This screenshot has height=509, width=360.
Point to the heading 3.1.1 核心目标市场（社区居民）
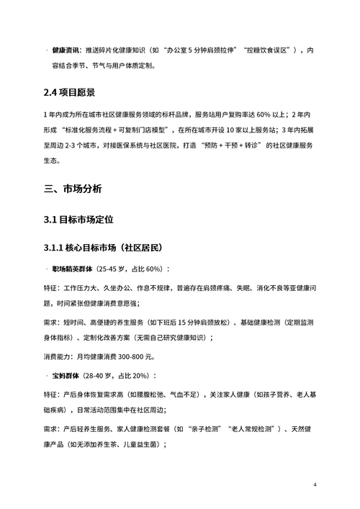[x=105, y=248]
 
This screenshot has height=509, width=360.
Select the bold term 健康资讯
[x=66, y=51]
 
